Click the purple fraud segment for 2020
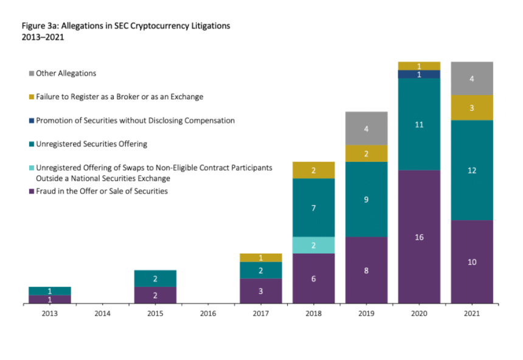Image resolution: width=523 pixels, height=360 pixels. pyautogui.click(x=419, y=237)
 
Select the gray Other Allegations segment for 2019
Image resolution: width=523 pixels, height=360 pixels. pyautogui.click(x=366, y=128)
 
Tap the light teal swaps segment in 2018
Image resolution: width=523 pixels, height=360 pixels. pyautogui.click(x=313, y=245)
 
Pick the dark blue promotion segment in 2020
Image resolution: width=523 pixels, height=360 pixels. pyautogui.click(x=419, y=74)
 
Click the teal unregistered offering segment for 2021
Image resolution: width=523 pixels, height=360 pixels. pyautogui.click(x=471, y=170)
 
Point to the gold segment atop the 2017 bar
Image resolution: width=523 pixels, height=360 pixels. pyautogui.click(x=261, y=258)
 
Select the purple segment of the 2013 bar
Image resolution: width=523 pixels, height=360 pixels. pyautogui.click(x=50, y=299)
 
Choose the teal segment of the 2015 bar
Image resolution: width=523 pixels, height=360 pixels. pyautogui.click(x=155, y=279)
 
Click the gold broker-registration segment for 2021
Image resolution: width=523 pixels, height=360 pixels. pyautogui.click(x=471, y=108)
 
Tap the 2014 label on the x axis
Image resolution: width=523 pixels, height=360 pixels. pyautogui.click(x=103, y=314)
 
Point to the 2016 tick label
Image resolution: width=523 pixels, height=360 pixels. pyautogui.click(x=208, y=314)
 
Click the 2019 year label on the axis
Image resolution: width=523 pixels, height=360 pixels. pyautogui.click(x=366, y=314)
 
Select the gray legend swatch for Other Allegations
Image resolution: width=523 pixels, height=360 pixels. pyautogui.click(x=31, y=74)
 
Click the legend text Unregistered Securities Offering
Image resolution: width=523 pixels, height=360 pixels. pyautogui.click(x=92, y=144)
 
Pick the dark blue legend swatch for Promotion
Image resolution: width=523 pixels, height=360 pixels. pyautogui.click(x=31, y=120)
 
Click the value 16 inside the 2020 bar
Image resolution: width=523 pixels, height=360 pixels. pyautogui.click(x=419, y=237)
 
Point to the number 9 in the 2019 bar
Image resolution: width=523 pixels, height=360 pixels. pyautogui.click(x=366, y=199)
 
